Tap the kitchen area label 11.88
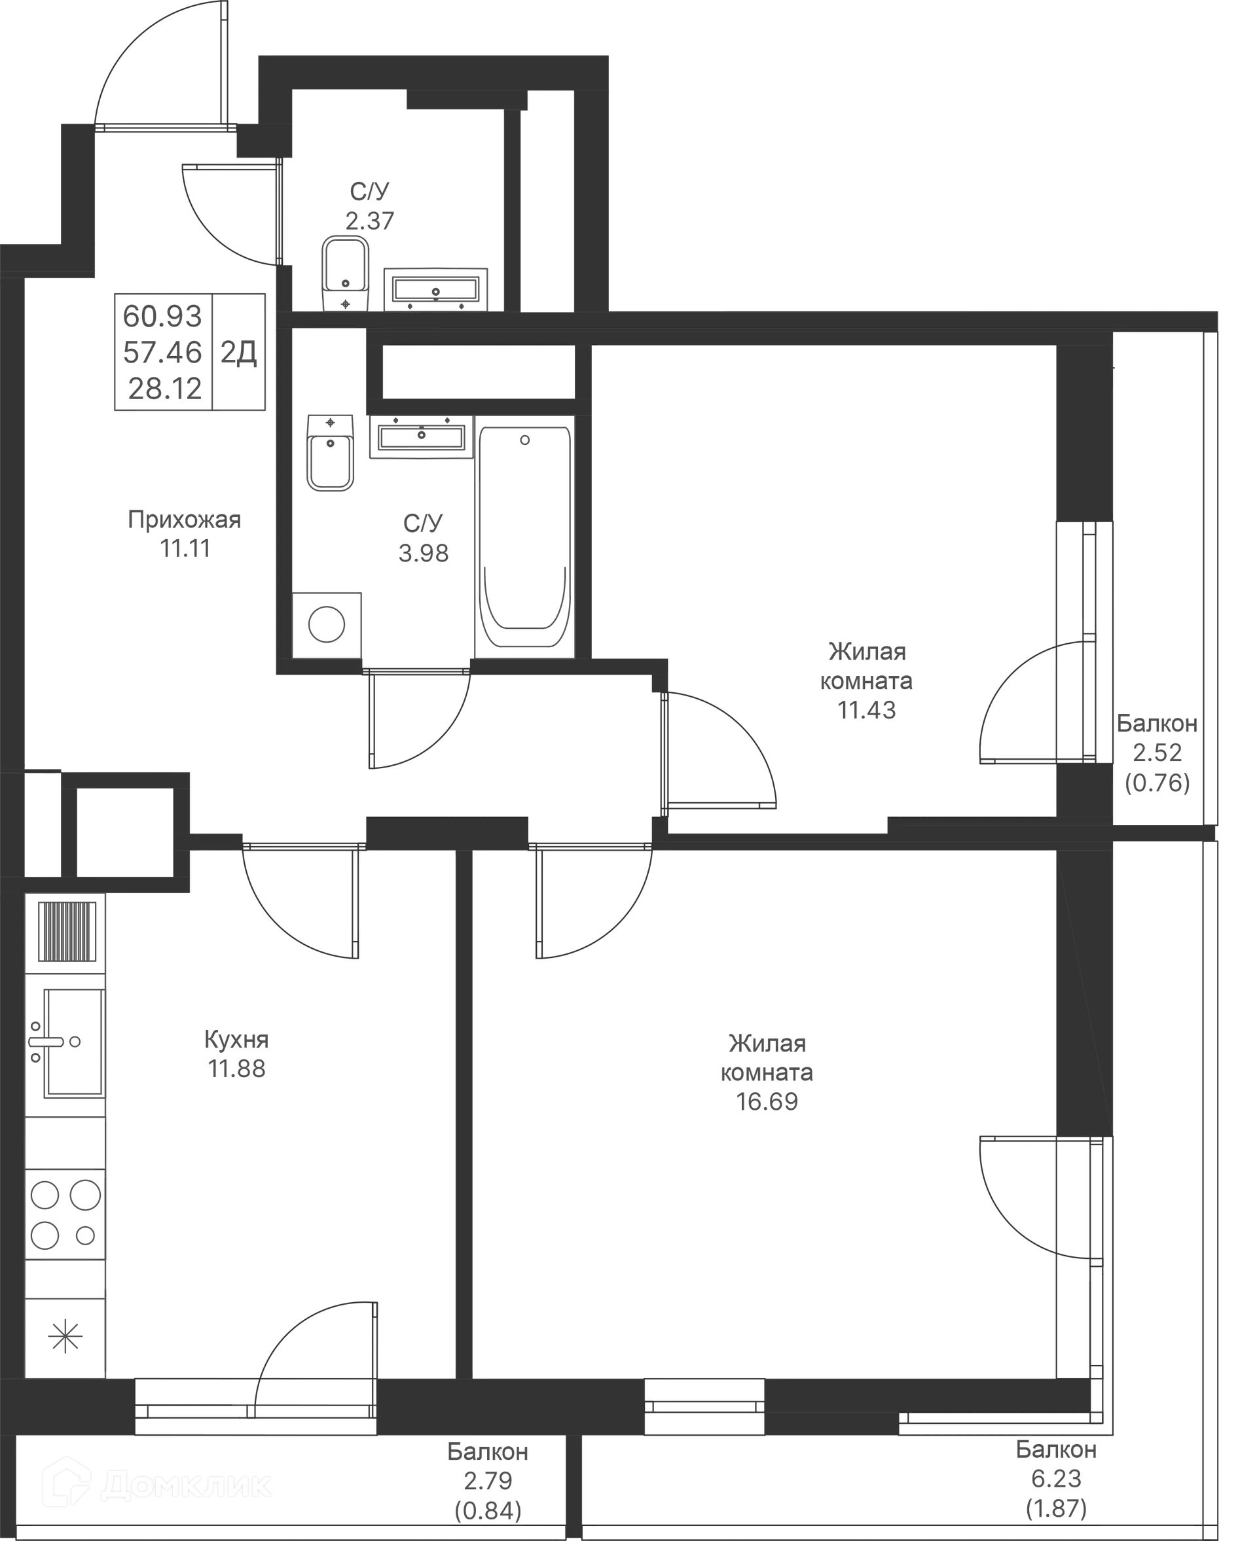coord(237,1069)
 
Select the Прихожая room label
coord(185,520)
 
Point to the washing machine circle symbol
coord(327,623)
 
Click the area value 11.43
coord(867,710)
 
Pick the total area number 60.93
coord(163,316)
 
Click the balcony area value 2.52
coord(1156,753)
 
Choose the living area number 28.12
coord(164,390)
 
